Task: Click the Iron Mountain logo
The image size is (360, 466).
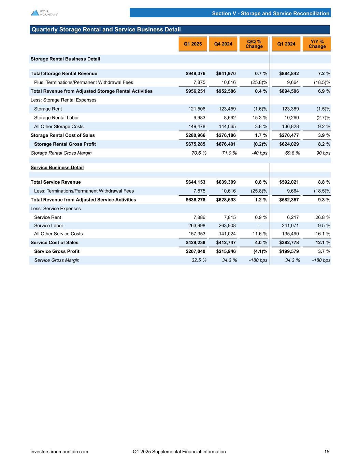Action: point(44,13)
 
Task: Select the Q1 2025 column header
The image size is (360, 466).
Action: point(193,44)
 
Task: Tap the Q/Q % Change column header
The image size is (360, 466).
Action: point(254,44)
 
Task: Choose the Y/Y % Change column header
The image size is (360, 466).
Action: point(317,44)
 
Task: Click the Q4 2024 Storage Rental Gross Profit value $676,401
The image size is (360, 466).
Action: point(226,144)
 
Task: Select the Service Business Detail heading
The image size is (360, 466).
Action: point(57,168)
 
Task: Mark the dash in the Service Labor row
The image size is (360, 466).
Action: point(259,226)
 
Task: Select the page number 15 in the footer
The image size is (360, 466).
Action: point(327,452)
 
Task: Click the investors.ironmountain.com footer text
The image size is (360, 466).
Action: point(59,452)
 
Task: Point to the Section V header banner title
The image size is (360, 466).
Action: point(271,13)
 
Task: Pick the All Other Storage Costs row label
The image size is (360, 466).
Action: point(59,127)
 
